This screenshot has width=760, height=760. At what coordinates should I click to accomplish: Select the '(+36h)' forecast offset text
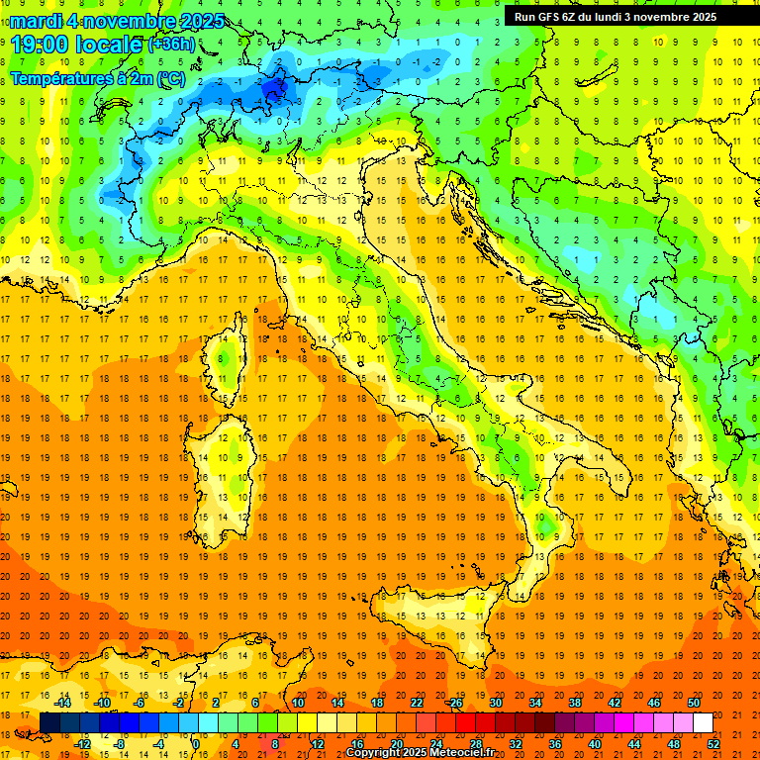tap(172, 45)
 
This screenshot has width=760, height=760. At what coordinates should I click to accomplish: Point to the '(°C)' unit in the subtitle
tap(169, 77)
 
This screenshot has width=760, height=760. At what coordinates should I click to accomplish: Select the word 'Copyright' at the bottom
tap(375, 753)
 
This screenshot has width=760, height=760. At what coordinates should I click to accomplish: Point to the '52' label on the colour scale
tap(713, 744)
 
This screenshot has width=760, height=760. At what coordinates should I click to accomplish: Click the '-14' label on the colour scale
tap(61, 703)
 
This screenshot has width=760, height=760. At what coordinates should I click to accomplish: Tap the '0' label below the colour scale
tap(196, 744)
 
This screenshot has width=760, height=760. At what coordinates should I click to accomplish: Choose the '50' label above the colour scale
tap(693, 703)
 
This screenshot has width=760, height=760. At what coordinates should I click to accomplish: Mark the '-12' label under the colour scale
tap(81, 744)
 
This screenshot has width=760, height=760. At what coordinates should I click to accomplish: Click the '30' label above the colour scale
tap(495, 703)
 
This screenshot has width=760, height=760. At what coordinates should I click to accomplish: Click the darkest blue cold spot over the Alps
tap(275, 88)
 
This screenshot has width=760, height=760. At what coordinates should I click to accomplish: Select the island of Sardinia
tap(230, 465)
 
